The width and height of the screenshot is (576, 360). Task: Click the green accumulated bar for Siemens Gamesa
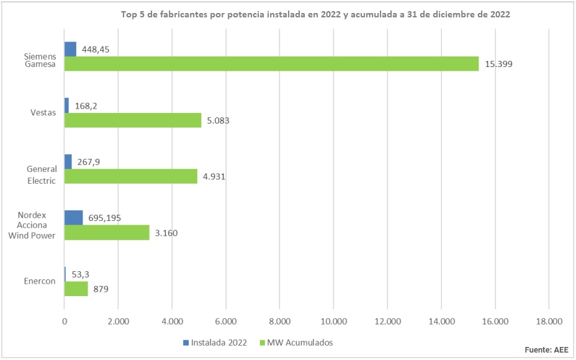271,63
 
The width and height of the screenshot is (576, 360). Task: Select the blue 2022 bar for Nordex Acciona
73,217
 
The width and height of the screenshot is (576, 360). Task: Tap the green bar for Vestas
133,120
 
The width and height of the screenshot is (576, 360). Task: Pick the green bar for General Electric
130,176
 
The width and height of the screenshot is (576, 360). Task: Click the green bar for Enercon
76,289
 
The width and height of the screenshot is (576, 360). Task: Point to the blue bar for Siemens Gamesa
70,49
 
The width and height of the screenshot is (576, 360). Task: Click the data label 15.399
499,63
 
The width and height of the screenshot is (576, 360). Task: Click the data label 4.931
214,176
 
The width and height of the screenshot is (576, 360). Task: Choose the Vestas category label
43,112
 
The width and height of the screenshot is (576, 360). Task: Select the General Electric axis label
42,174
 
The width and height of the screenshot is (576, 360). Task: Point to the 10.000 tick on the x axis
333,321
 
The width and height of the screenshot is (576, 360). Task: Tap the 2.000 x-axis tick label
118,321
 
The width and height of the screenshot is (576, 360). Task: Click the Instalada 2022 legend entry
218,342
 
